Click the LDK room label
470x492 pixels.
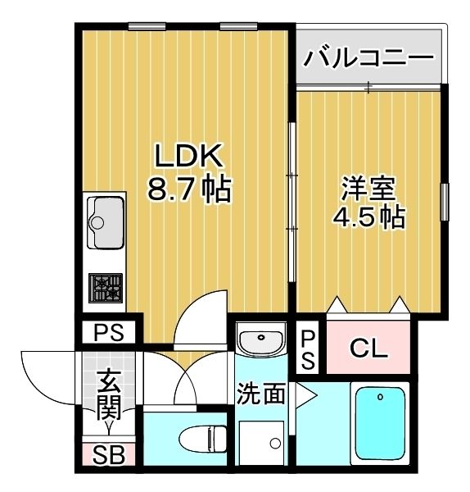pyautogui.click(x=185, y=156)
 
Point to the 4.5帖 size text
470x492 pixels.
pyautogui.click(x=368, y=216)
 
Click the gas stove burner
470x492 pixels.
pyautogui.click(x=105, y=288)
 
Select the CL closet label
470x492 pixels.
pyautogui.click(x=368, y=349)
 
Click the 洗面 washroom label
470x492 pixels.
pyautogui.click(x=261, y=394)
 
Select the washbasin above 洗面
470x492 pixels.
pyautogui.click(x=260, y=340)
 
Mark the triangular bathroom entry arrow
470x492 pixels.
pyautogui.click(x=306, y=395)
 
